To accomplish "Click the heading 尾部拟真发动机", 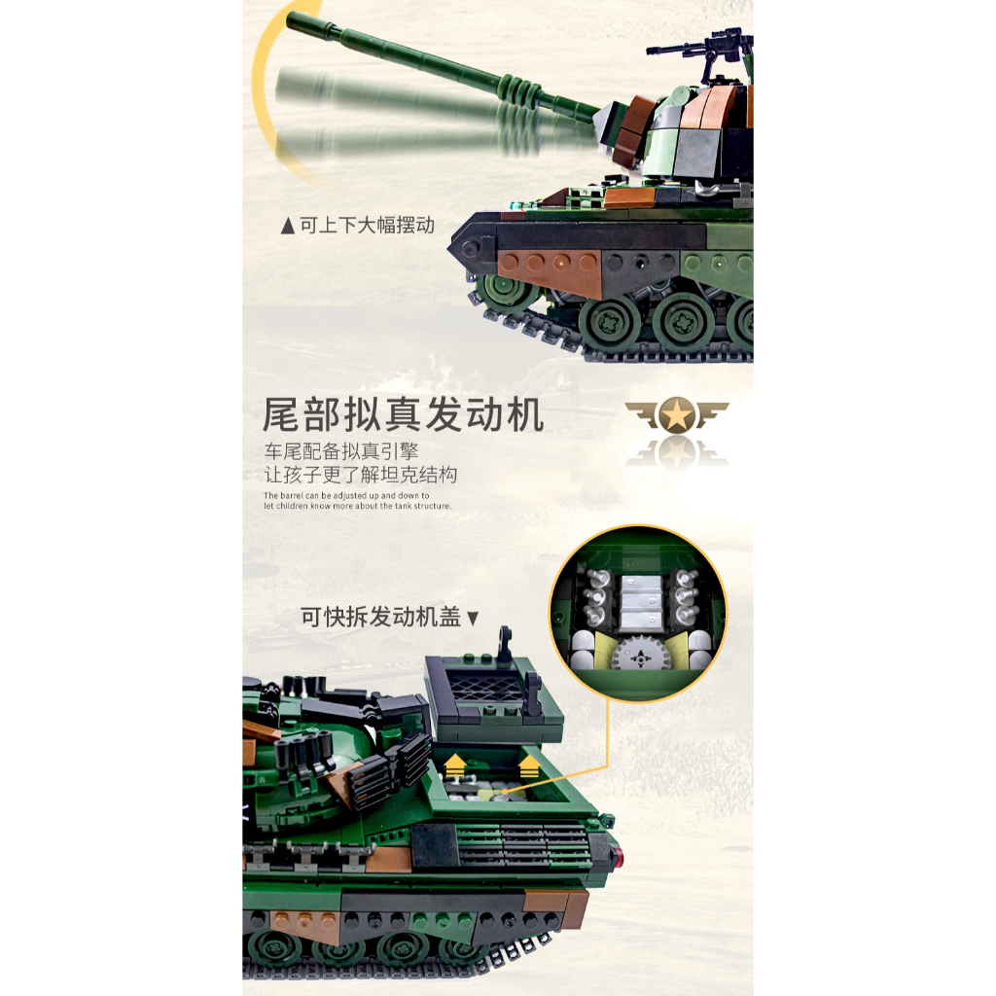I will [x=403, y=413].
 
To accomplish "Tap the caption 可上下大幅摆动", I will [x=367, y=226].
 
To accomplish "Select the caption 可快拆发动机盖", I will [x=380, y=617].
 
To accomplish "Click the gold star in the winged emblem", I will [x=676, y=415].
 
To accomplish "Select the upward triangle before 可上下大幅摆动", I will [x=287, y=227].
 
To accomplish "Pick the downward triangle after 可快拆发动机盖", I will [x=473, y=618].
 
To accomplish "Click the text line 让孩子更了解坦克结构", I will [x=360, y=475].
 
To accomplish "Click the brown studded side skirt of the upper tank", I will [x=549, y=263].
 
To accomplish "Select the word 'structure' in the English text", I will [x=433, y=506].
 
